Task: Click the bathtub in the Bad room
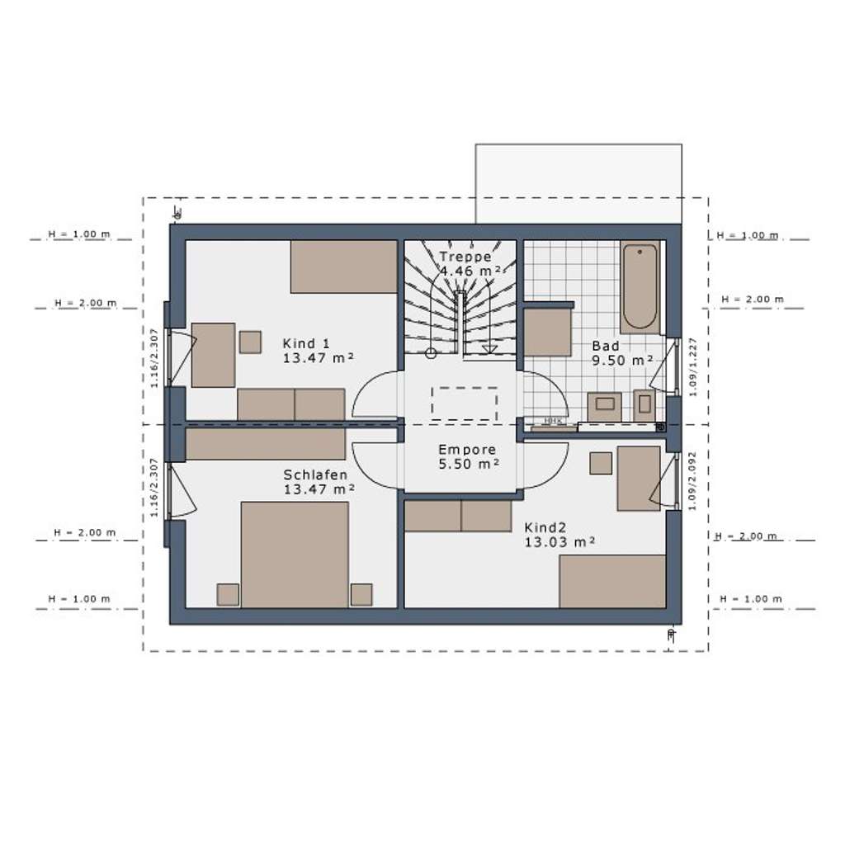click(640, 286)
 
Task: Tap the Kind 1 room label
click(306, 343)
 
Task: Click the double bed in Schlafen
click(295, 554)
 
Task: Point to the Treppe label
click(465, 257)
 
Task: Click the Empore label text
click(467, 450)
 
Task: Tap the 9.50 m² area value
click(622, 361)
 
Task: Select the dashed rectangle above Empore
click(464, 404)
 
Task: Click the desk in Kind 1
click(213, 355)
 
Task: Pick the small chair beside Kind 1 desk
click(250, 342)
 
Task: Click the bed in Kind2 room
click(612, 581)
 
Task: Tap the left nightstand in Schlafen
click(228, 595)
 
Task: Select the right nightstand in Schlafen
click(361, 595)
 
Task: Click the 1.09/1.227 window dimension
click(693, 365)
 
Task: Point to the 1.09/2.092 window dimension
click(693, 481)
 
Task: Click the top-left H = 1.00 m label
click(79, 234)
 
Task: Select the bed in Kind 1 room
click(344, 267)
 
